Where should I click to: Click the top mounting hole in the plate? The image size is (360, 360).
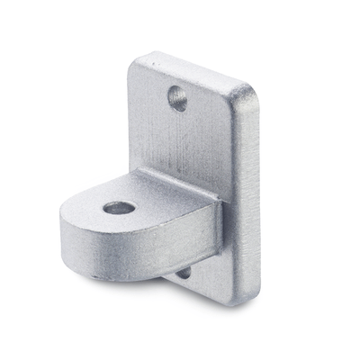[178, 97]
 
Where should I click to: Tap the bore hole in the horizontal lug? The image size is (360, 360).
[119, 209]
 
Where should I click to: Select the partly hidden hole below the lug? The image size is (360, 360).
[183, 271]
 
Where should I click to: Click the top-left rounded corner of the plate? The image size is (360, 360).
[137, 62]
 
